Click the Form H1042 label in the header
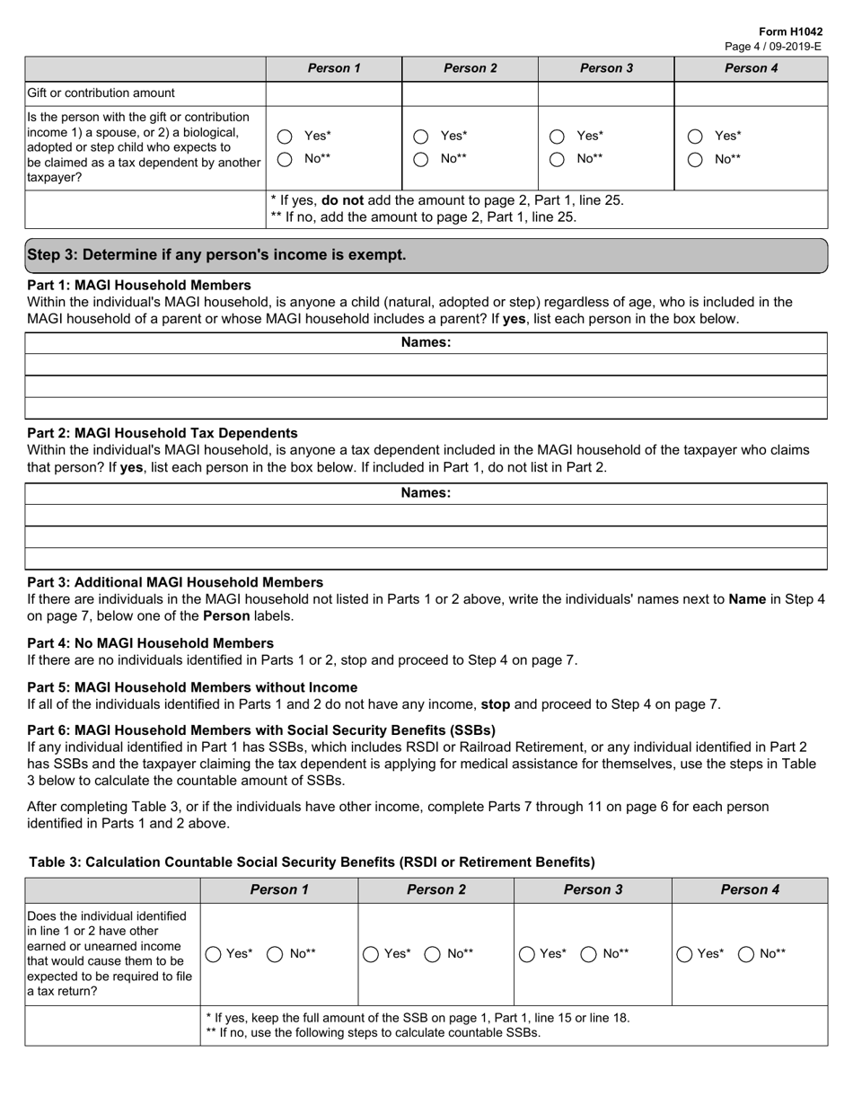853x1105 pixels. (x=790, y=31)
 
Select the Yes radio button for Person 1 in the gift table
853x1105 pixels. (x=285, y=137)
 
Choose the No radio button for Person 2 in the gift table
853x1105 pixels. (x=420, y=160)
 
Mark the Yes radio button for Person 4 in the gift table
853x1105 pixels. (x=694, y=137)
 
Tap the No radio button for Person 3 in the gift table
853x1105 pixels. (x=557, y=160)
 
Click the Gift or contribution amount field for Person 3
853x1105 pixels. (x=605, y=93)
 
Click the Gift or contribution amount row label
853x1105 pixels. (x=101, y=93)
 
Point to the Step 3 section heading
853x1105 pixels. (x=216, y=255)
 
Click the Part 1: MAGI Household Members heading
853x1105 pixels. (x=139, y=285)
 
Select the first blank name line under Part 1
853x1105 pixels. (x=426, y=365)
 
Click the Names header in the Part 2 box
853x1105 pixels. (x=426, y=493)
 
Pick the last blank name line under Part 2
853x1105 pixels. (x=426, y=559)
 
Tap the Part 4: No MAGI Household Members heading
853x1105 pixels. (x=150, y=643)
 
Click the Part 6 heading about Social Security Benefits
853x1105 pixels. (x=260, y=730)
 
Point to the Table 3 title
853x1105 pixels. (x=312, y=862)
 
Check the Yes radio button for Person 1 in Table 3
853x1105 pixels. (x=215, y=955)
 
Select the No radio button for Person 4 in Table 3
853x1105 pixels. (x=746, y=955)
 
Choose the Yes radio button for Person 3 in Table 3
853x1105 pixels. (x=528, y=955)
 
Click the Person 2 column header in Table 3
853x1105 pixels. (x=435, y=890)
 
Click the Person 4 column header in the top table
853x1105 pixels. (x=751, y=68)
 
